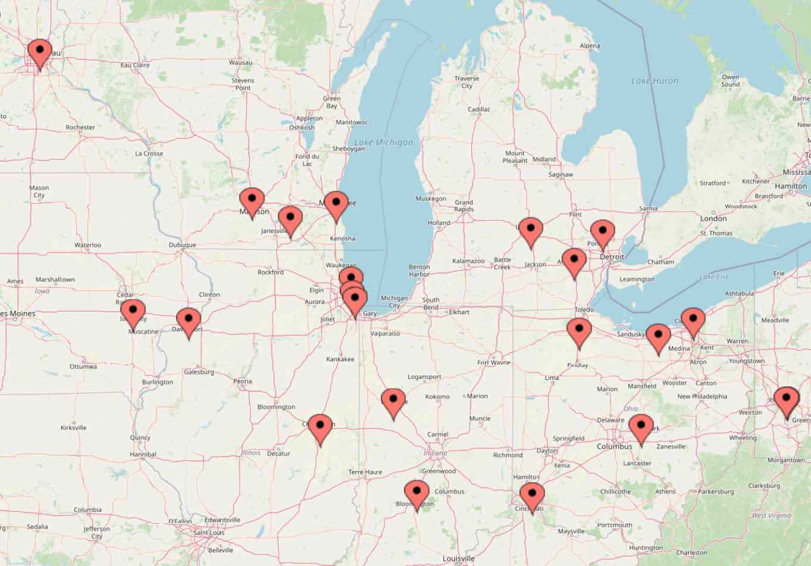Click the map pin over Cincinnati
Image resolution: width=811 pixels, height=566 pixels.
(x=531, y=495)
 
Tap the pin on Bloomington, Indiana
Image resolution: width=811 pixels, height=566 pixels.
(x=417, y=493)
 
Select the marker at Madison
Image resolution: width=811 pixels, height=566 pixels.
(x=252, y=200)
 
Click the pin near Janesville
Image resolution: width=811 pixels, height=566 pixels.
(x=290, y=218)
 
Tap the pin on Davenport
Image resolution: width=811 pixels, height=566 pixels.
(x=189, y=320)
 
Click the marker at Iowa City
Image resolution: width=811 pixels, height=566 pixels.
(x=133, y=312)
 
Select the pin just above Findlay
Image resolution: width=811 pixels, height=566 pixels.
(x=579, y=330)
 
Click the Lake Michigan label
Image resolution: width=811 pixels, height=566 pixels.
(x=383, y=143)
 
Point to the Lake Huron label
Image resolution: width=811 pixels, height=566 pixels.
(x=655, y=81)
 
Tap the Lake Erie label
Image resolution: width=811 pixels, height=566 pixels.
(x=714, y=276)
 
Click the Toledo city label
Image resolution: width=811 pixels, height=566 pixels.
(x=584, y=310)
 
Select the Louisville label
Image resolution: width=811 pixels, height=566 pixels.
(x=459, y=559)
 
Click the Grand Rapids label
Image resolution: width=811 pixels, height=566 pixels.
(x=464, y=206)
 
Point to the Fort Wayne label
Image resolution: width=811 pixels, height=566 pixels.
(x=494, y=363)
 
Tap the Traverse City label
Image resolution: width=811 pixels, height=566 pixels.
(x=466, y=82)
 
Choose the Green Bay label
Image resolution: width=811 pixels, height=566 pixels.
(x=331, y=102)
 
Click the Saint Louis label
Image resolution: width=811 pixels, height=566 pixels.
(x=209, y=533)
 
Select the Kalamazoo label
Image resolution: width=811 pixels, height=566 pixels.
(x=468, y=261)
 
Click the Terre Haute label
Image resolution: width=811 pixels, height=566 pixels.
(x=365, y=472)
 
